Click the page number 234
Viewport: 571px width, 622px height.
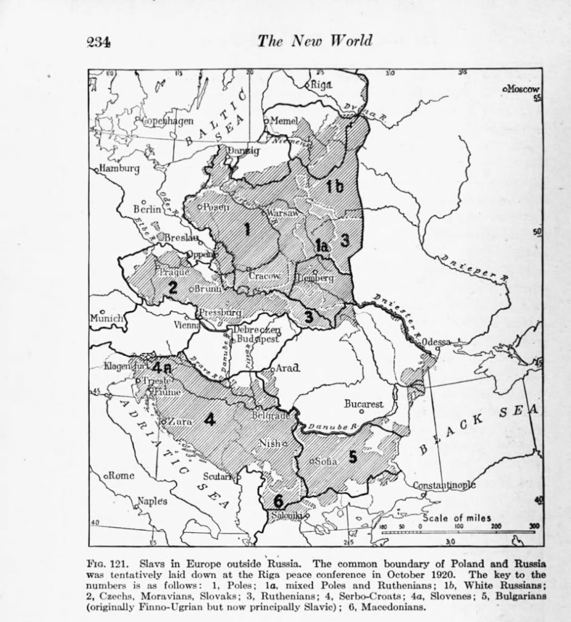point(98,42)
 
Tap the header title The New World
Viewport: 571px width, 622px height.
point(315,41)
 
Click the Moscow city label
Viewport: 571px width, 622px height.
point(522,89)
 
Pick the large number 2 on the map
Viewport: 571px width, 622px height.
point(174,286)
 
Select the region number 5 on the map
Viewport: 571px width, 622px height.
point(352,456)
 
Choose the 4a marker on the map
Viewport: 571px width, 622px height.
point(164,368)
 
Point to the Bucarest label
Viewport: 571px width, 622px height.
point(364,405)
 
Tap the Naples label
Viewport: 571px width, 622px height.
point(152,501)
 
